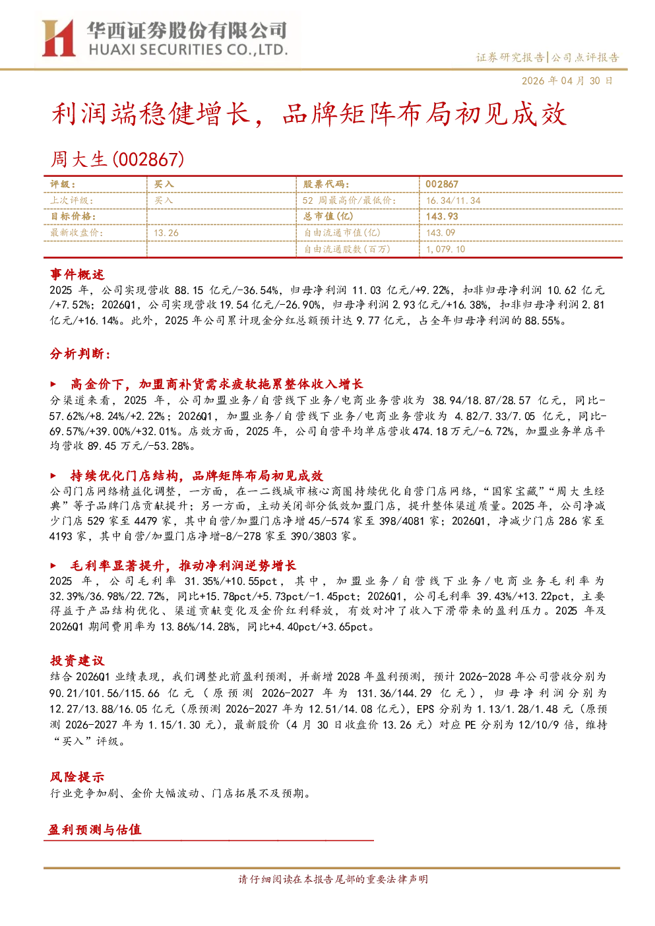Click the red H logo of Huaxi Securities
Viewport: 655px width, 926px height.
pyautogui.click(x=58, y=38)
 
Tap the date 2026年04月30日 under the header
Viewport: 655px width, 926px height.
pyautogui.click(x=567, y=80)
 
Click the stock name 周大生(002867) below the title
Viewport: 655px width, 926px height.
pyautogui.click(x=117, y=159)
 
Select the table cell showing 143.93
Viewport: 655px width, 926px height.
pyautogui.click(x=442, y=216)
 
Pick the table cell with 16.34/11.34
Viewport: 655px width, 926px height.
pyautogui.click(x=453, y=201)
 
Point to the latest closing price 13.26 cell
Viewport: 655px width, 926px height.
pyautogui.click(x=166, y=233)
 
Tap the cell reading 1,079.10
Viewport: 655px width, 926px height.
pyautogui.click(x=446, y=249)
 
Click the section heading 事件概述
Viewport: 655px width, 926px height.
pyautogui.click(x=77, y=274)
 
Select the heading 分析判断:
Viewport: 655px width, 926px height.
pyautogui.click(x=80, y=354)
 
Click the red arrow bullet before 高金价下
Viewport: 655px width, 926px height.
pyautogui.click(x=53, y=384)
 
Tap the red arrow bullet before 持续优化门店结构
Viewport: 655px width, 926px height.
pyautogui.click(x=53, y=476)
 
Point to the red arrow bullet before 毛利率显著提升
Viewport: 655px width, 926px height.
pyautogui.click(x=53, y=565)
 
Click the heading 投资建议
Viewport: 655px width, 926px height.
pyautogui.click(x=77, y=661)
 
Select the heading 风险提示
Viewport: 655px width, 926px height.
pyautogui.click(x=77, y=777)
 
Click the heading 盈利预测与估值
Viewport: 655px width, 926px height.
pyautogui.click(x=95, y=830)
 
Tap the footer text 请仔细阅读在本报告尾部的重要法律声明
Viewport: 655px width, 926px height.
pyautogui.click(x=333, y=879)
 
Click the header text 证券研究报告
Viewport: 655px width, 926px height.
pyautogui.click(x=510, y=57)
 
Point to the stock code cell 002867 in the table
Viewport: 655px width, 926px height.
pyautogui.click(x=442, y=184)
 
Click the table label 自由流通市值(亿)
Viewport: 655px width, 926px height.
pyautogui.click(x=342, y=233)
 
